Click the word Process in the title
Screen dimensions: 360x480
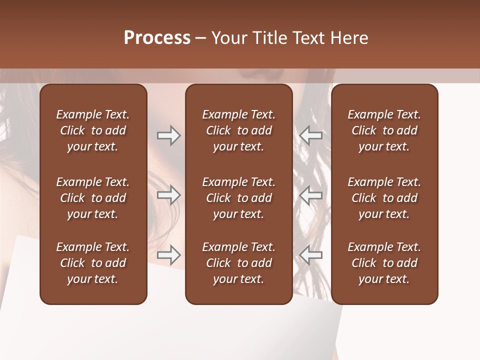(x=157, y=38)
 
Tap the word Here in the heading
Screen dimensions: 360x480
(x=349, y=38)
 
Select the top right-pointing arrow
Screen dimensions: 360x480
(x=168, y=135)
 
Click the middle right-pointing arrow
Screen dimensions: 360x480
(x=168, y=195)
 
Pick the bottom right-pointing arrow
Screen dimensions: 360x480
(x=168, y=255)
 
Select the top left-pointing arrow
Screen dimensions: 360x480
(x=310, y=135)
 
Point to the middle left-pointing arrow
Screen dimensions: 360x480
(x=310, y=195)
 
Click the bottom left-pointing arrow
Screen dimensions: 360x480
(x=310, y=255)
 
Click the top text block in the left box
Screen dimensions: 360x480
(x=93, y=130)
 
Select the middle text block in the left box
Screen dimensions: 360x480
(x=93, y=198)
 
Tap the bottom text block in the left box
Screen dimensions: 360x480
(x=93, y=263)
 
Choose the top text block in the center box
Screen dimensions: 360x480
(x=238, y=130)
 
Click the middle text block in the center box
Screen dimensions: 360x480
(x=238, y=198)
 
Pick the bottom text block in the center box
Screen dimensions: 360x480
(x=238, y=263)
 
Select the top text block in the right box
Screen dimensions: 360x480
(x=384, y=130)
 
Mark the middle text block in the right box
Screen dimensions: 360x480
(x=384, y=198)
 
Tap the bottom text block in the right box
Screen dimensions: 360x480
(x=384, y=263)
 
